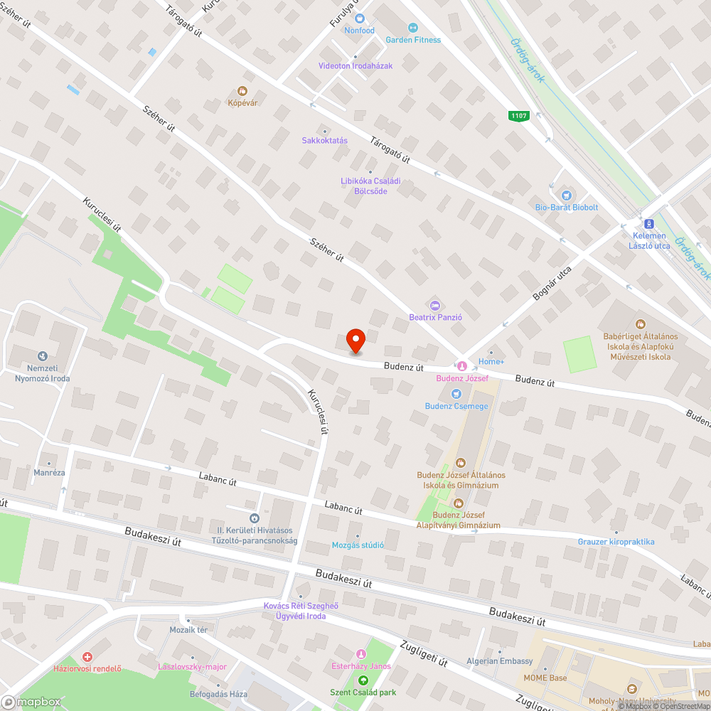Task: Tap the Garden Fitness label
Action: (413, 40)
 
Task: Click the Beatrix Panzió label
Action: (436, 317)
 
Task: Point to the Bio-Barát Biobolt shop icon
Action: (566, 195)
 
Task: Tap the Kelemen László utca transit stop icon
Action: (648, 223)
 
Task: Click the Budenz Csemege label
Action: (456, 406)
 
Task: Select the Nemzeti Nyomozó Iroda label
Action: (43, 373)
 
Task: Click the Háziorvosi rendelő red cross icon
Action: (87, 657)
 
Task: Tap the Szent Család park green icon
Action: (363, 680)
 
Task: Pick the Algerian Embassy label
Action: (499, 661)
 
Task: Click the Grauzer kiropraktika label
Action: (616, 542)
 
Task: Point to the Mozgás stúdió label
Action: (358, 545)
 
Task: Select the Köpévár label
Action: (242, 103)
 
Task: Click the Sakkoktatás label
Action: (325, 140)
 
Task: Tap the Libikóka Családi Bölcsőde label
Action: (370, 186)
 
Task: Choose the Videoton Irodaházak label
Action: (355, 65)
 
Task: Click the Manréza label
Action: (48, 472)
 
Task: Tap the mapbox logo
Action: (31, 701)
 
